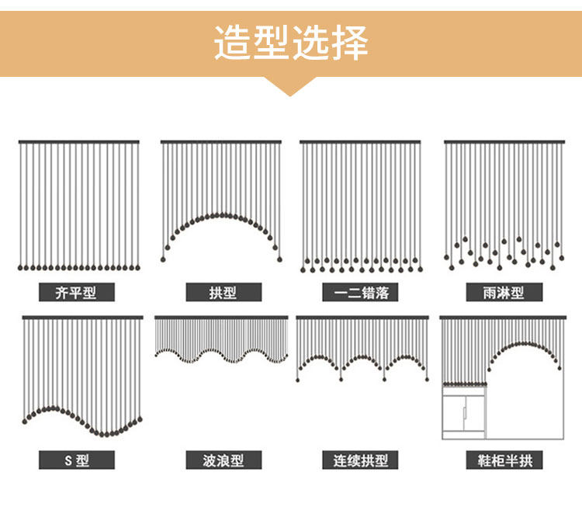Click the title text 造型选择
(291, 43)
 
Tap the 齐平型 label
(77, 292)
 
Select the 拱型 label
(223, 292)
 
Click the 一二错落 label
(360, 292)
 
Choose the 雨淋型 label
(504, 292)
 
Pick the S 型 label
(77, 460)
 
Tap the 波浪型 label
(223, 460)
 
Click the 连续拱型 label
(360, 460)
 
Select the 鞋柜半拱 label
(504, 460)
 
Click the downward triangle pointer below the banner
(290, 85)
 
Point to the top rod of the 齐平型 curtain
(79, 142)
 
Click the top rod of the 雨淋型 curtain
(504, 142)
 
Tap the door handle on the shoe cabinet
(464, 413)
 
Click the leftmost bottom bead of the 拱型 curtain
(163, 259)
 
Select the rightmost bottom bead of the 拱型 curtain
(279, 259)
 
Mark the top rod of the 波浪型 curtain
(221, 318)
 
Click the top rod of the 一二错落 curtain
(360, 142)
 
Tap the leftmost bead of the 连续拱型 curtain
(298, 380)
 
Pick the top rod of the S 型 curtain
(82, 318)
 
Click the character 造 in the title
(232, 43)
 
